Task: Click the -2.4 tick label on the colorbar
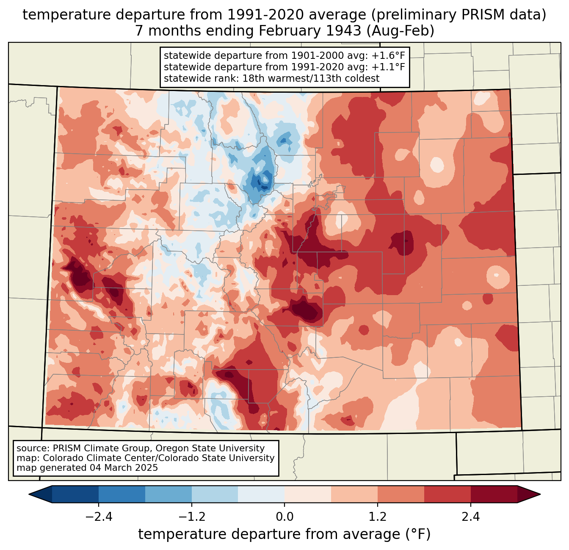tap(99, 517)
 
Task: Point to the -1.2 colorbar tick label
tap(192, 517)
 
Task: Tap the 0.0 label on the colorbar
tap(284, 517)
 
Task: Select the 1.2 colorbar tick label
tap(378, 517)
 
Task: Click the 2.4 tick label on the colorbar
tap(471, 517)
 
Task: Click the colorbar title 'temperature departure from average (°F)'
tap(284, 534)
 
